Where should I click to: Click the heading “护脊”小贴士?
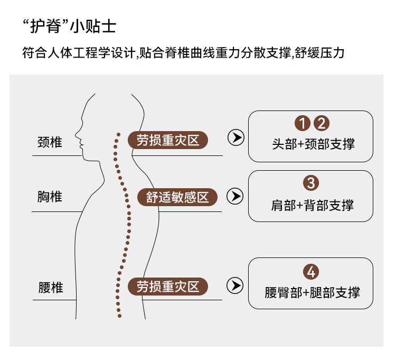coord(69,26)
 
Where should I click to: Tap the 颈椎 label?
coord(50,142)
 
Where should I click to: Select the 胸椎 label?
coord(50,197)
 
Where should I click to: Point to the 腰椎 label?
coord(50,288)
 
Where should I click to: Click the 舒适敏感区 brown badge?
coord(178,197)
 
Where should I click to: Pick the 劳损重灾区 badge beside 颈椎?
coord(168,140)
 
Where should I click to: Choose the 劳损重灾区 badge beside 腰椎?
coord(168,287)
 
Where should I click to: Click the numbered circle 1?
coord(302,124)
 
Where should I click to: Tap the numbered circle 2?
coord(321,124)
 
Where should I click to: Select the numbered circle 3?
coord(311,183)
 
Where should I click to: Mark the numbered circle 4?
coord(311,272)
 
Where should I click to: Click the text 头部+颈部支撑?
coord(311,144)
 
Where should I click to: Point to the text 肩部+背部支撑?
coord(311,205)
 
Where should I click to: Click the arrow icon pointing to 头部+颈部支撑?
coord(235,138)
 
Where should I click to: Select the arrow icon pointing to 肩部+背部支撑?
coord(235,197)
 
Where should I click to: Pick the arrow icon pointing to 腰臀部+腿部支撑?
coord(235,286)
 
